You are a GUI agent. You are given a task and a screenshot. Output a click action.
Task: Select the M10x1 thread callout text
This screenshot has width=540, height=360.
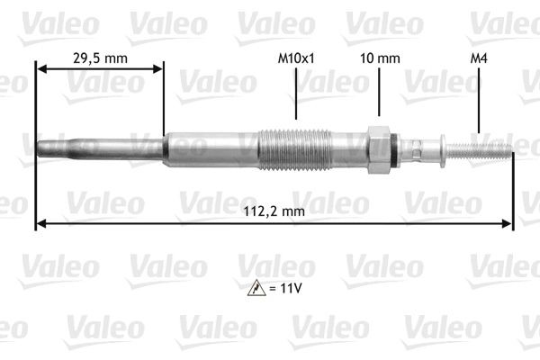(297, 58)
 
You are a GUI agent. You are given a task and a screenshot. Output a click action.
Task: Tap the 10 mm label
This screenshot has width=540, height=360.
(379, 58)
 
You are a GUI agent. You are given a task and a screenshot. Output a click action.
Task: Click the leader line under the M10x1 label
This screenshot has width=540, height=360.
(296, 94)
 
